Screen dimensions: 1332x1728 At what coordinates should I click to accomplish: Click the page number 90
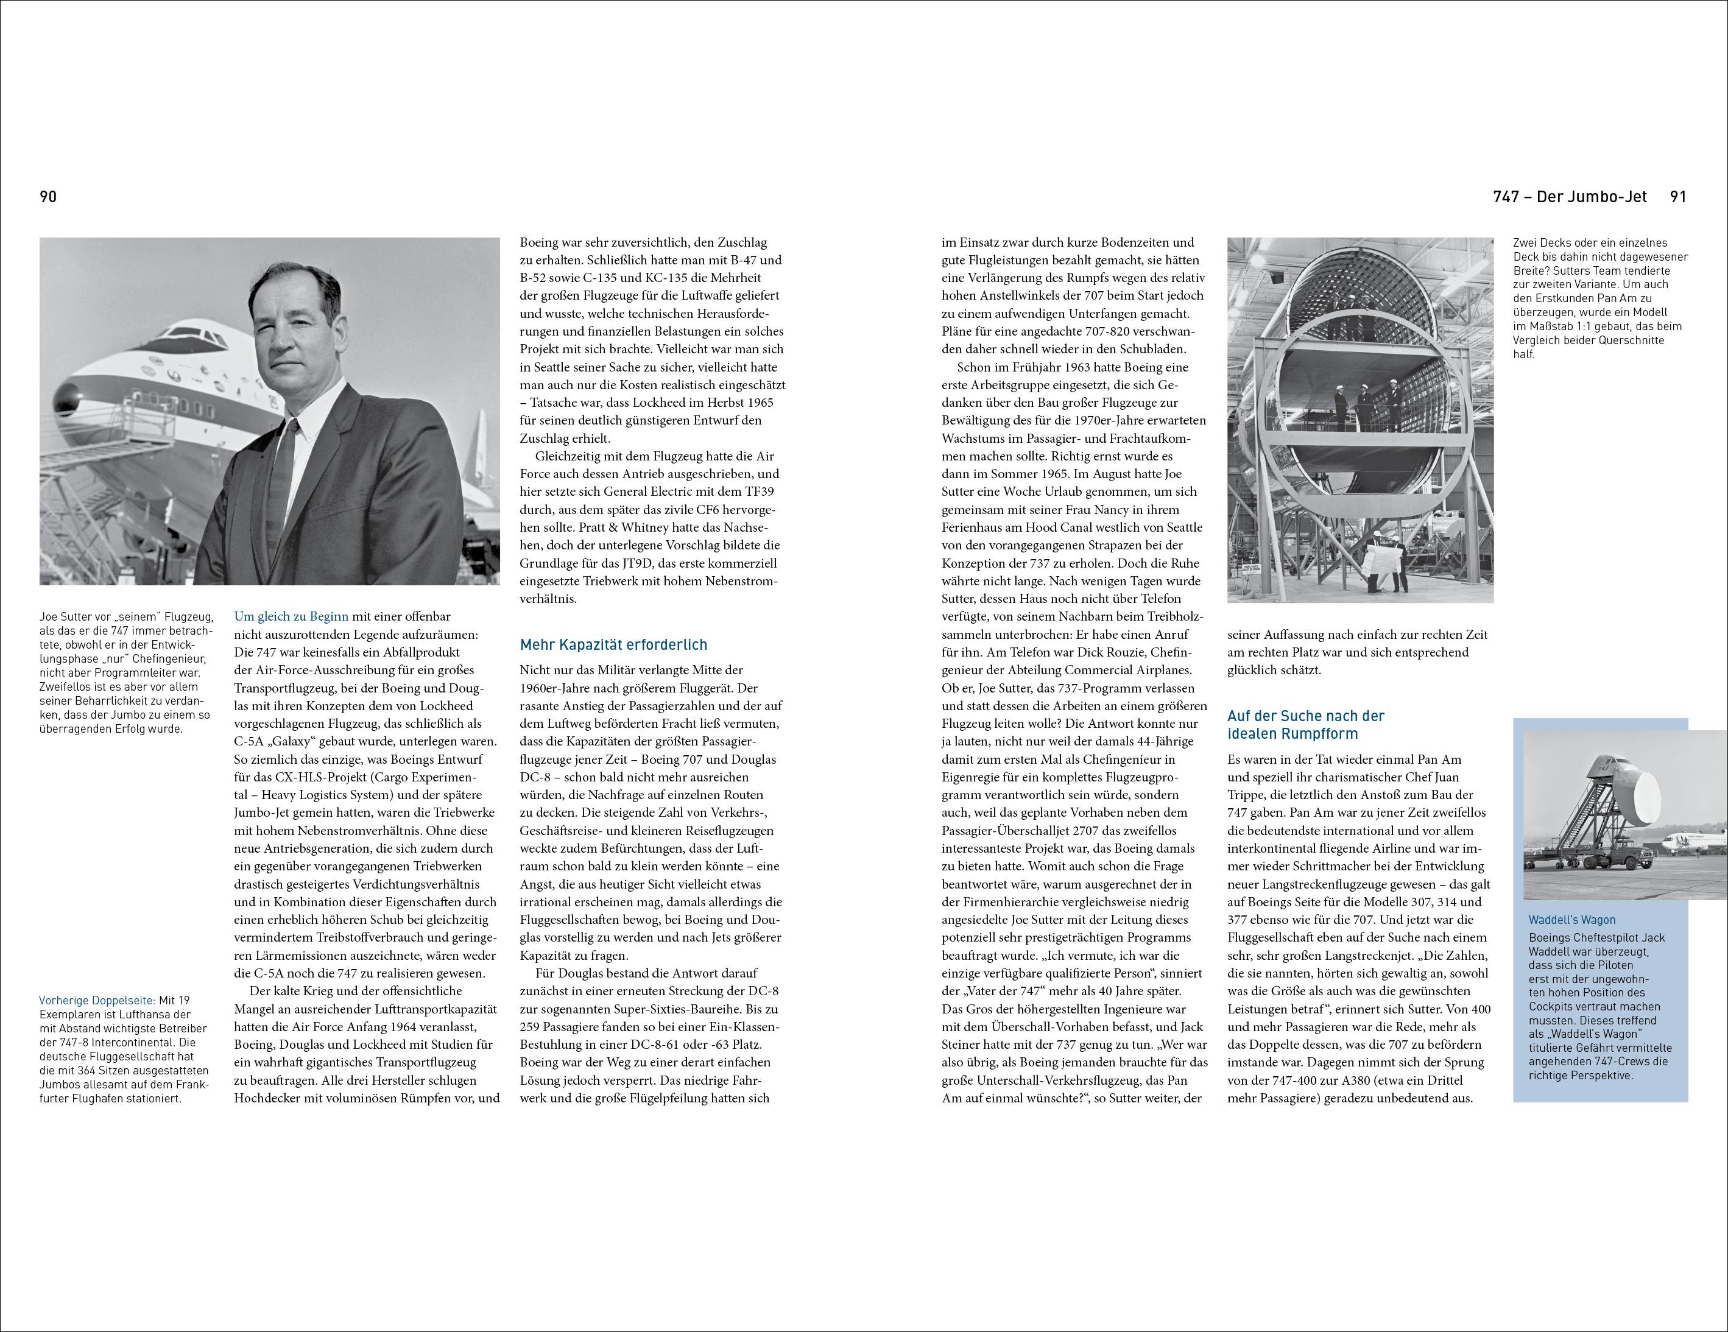[x=48, y=197]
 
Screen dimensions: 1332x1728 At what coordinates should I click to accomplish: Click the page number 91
[x=1678, y=197]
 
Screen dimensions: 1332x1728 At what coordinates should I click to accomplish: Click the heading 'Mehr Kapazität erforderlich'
[x=613, y=644]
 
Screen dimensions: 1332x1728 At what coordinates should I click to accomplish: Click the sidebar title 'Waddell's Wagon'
[x=1571, y=920]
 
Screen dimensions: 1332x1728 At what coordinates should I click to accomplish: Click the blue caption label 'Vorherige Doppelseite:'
[x=98, y=1001]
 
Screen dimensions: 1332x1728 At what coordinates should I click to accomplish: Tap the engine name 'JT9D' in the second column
[x=694, y=563]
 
